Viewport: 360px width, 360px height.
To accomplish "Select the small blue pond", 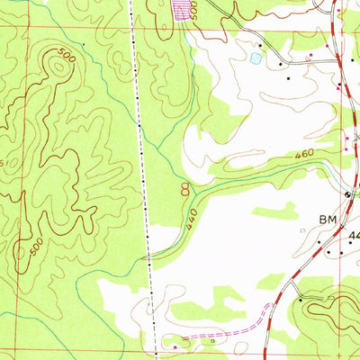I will (x=257, y=58).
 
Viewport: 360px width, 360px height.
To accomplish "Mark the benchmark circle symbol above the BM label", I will (x=348, y=195).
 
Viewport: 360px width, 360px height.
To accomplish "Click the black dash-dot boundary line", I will (x=141, y=162).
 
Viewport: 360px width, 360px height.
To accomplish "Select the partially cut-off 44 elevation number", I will (x=353, y=236).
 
